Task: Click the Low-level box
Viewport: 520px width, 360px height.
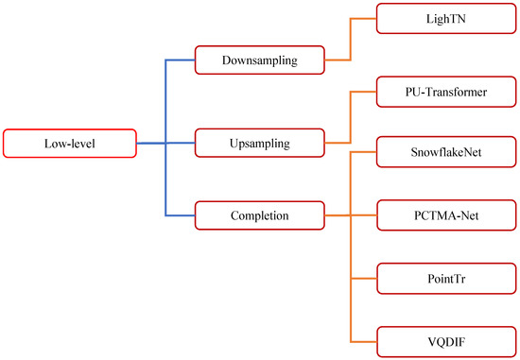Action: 70,144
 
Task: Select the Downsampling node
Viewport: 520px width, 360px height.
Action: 259,60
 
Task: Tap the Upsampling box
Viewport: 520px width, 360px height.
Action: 259,144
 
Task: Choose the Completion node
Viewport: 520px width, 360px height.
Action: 259,215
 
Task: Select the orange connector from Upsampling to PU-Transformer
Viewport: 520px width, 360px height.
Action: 351,118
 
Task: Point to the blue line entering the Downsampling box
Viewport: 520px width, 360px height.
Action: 180,60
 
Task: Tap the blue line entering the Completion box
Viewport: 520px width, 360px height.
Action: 180,215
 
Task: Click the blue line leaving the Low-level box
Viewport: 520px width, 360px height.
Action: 151,144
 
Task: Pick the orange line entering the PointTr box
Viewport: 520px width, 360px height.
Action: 364,280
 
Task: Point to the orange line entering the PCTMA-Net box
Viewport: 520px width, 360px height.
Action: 364,215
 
